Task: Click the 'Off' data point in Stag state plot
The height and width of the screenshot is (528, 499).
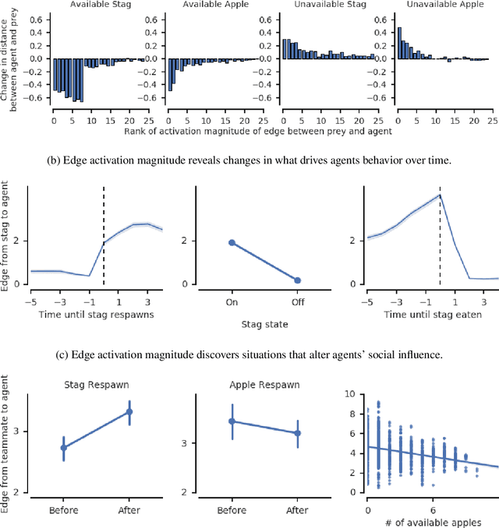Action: pos(298,280)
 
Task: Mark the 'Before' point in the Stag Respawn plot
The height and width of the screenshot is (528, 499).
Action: pos(64,448)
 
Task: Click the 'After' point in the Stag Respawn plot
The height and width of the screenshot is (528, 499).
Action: pos(129,411)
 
